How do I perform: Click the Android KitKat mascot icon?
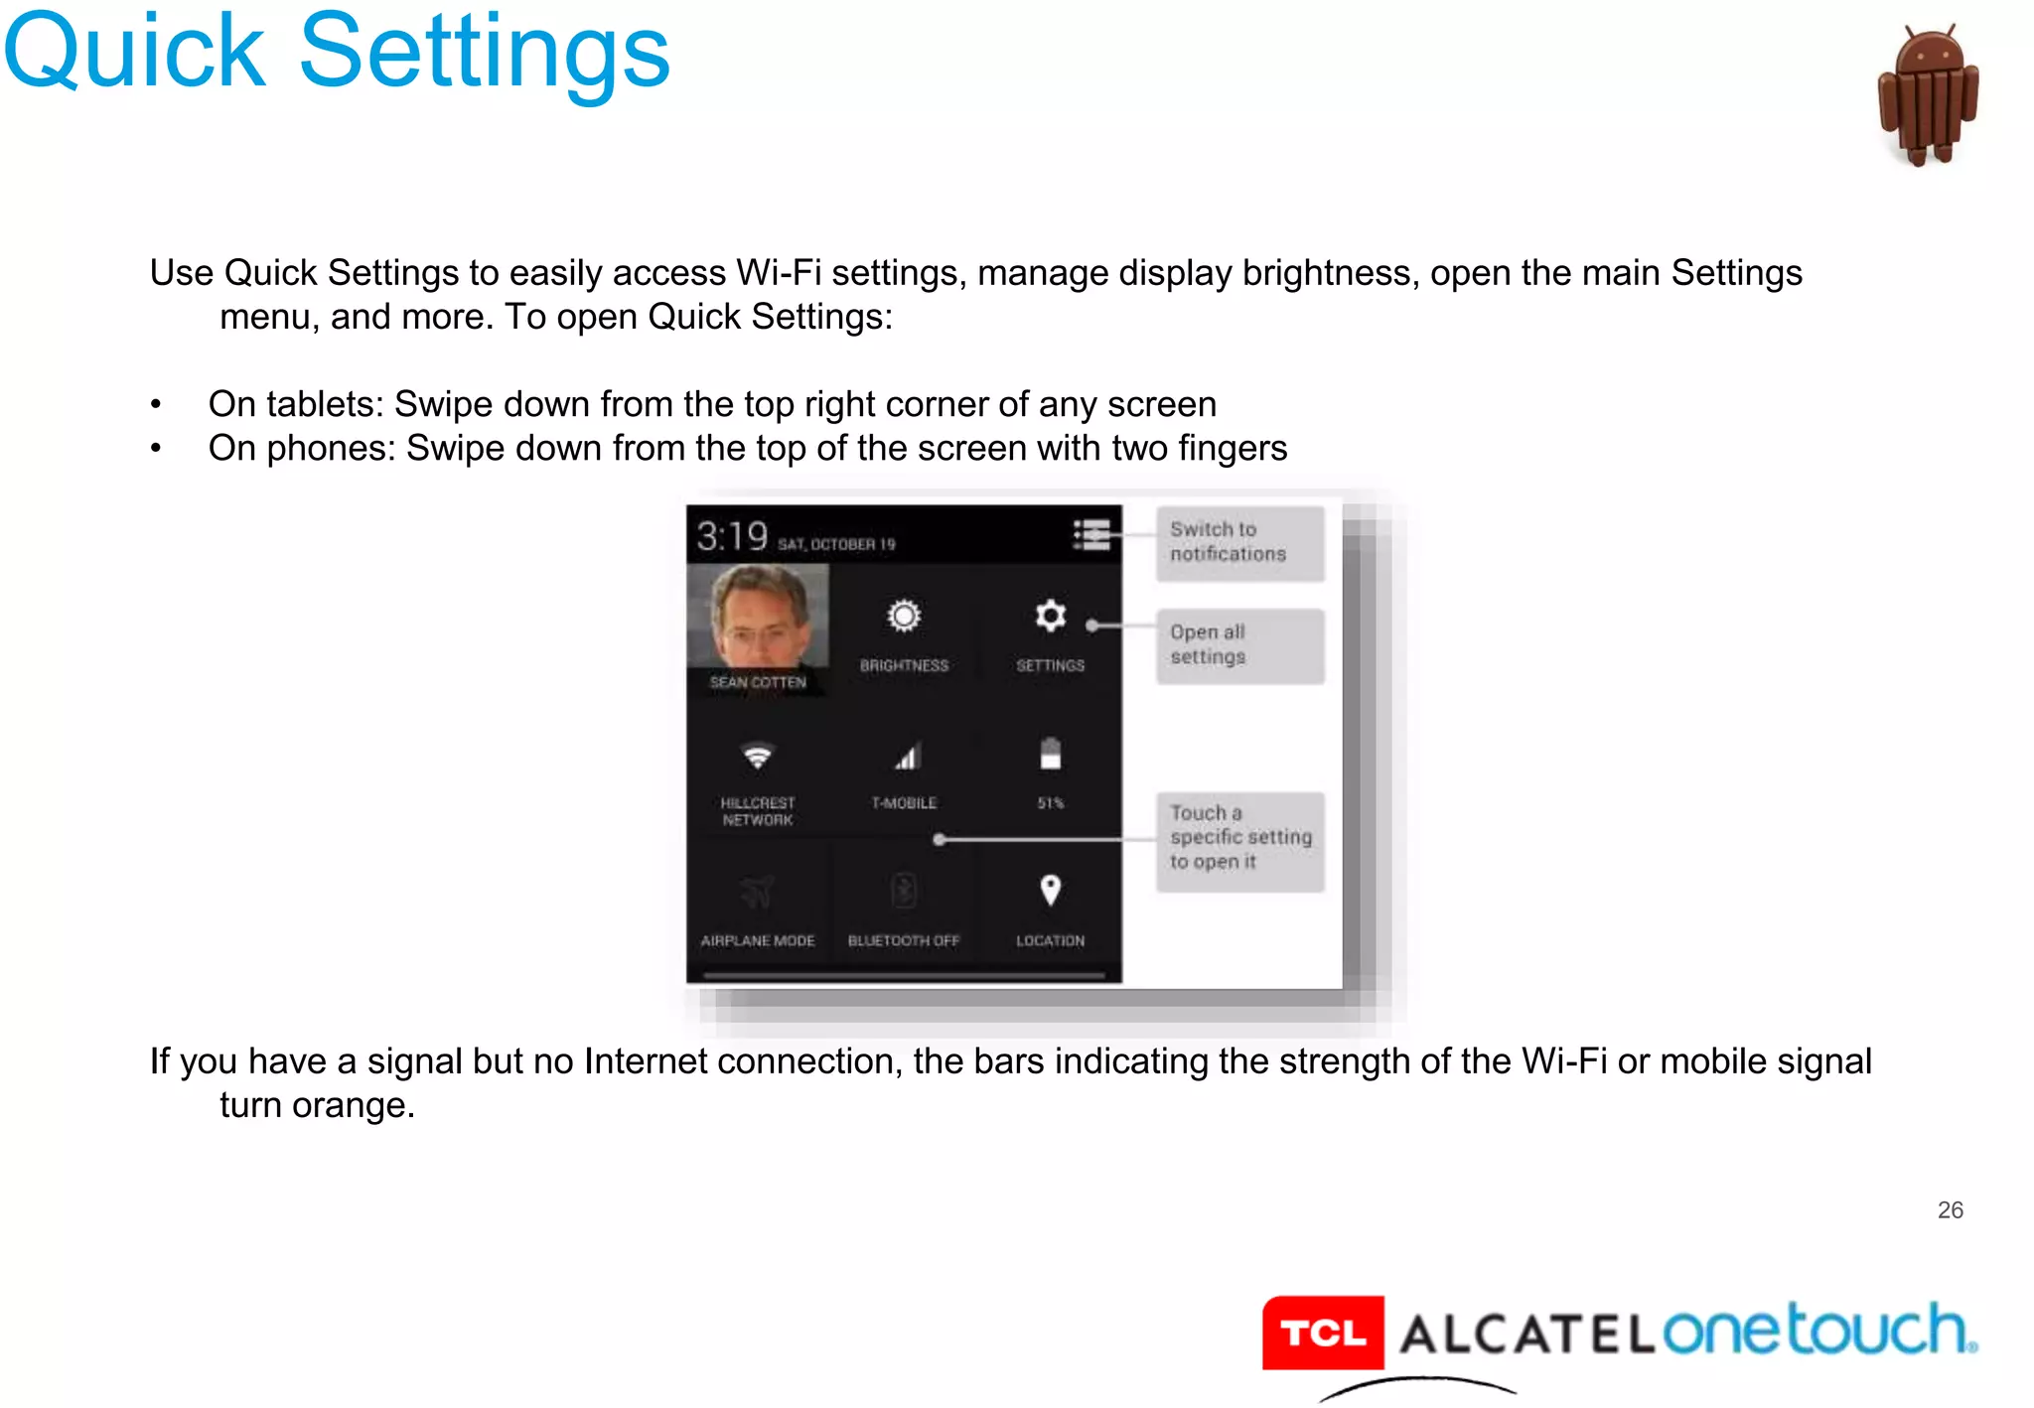[1928, 96]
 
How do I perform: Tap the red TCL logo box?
[1322, 1333]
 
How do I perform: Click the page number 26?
[1950, 1209]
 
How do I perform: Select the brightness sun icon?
[904, 617]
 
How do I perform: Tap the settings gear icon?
[1050, 617]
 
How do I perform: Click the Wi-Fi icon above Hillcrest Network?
[758, 757]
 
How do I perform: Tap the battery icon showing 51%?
[1050, 754]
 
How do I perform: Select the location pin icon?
[1050, 890]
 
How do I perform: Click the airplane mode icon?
[758, 892]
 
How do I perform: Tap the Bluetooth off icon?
[904, 891]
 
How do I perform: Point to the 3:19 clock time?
[732, 537]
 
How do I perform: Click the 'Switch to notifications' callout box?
[1239, 543]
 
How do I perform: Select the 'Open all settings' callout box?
[1239, 645]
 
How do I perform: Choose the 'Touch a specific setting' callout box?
[1239, 840]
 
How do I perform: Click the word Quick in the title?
[135, 52]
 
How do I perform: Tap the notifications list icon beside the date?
[1091, 534]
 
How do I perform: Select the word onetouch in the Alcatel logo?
[1816, 1331]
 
